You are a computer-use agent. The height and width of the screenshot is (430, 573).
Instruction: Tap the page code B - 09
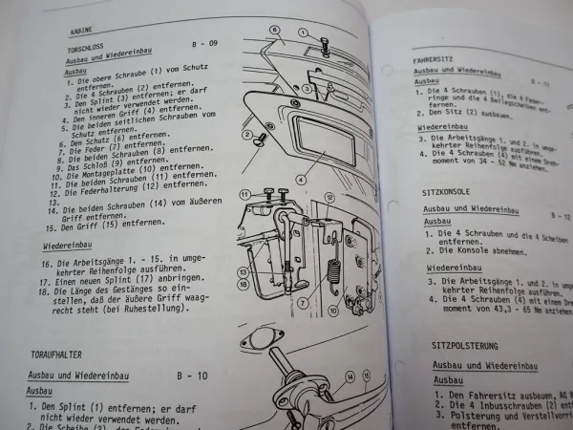pos(203,43)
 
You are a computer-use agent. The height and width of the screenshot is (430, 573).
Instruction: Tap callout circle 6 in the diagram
pos(273,30)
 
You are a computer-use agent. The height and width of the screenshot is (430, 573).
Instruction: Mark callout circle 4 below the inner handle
pos(300,179)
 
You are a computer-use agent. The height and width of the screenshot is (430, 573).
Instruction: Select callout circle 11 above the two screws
pos(245,195)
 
